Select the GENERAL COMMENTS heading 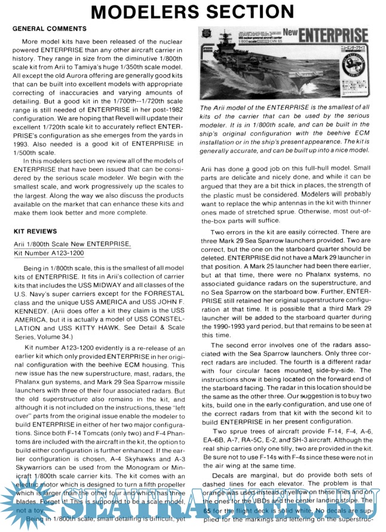[50, 28]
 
